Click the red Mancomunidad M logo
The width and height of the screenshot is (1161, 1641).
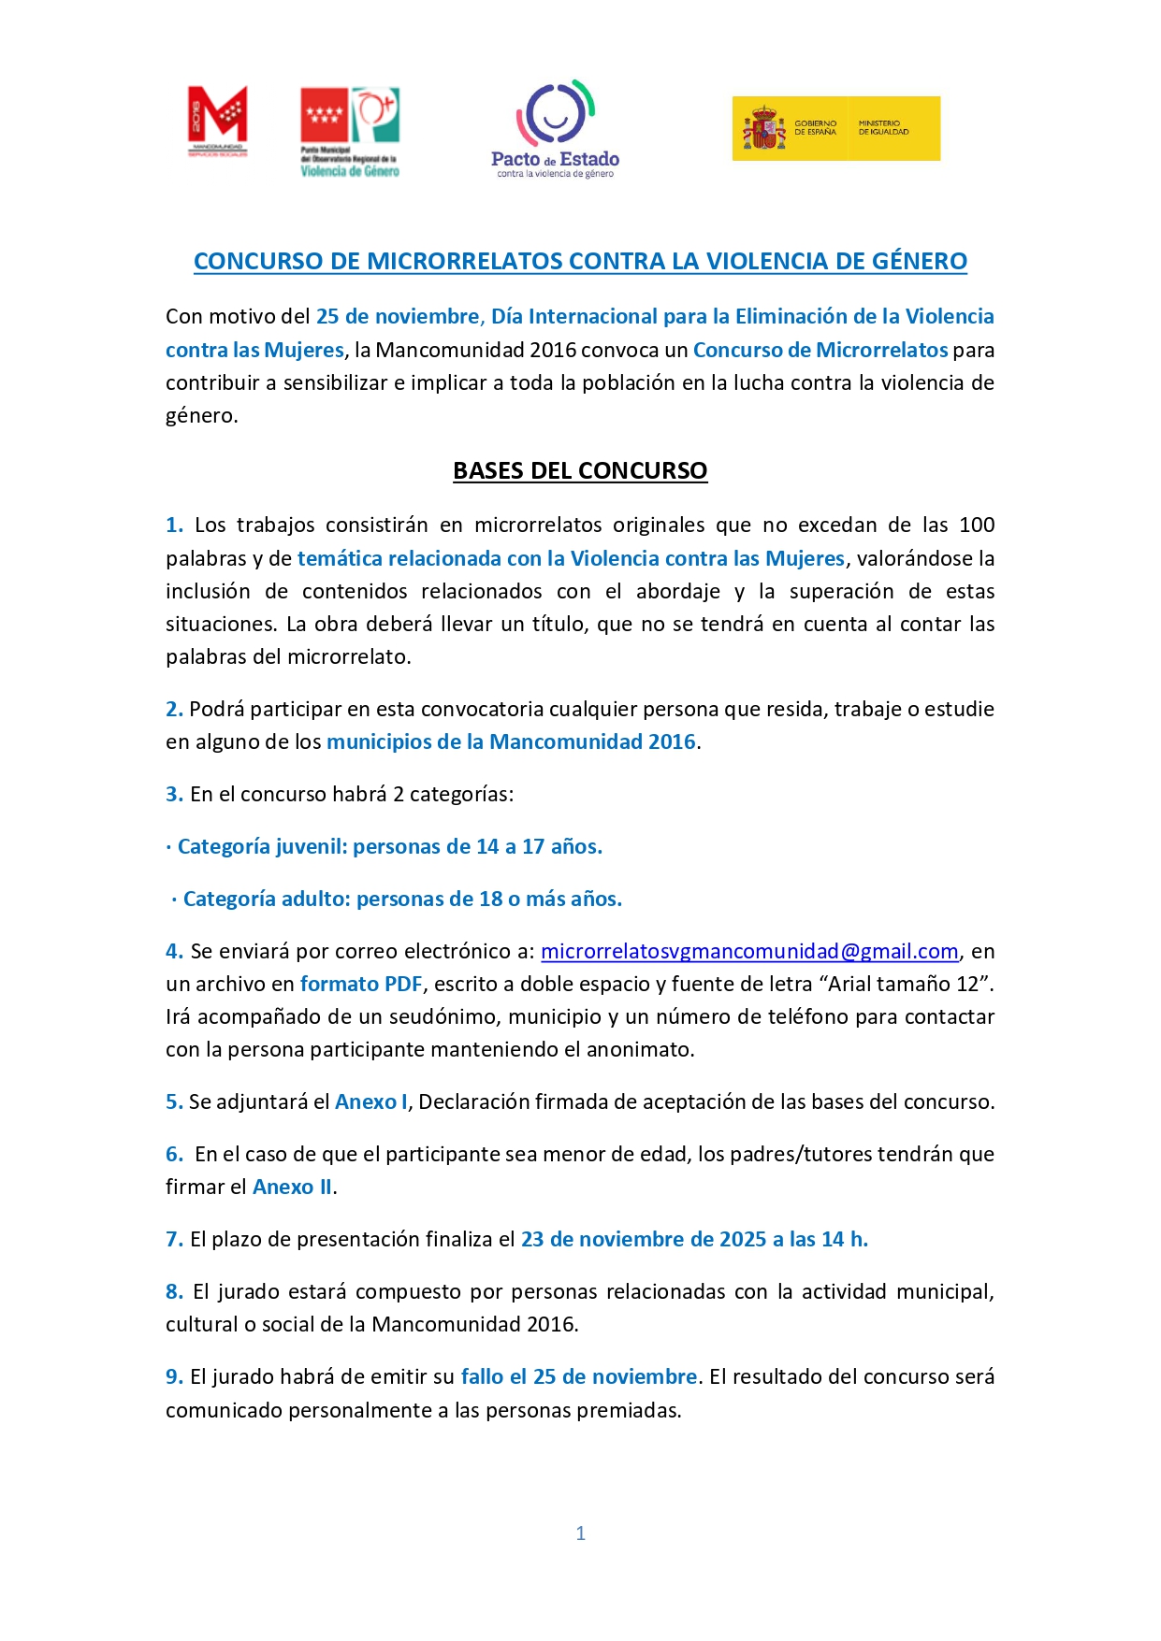(218, 120)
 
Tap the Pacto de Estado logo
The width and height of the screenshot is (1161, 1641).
(556, 129)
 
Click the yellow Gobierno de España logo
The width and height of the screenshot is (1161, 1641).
(835, 128)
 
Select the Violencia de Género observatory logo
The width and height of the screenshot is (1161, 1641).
(350, 131)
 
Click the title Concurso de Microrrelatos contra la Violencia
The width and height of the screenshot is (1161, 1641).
(580, 261)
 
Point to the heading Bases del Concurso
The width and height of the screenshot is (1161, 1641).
(580, 470)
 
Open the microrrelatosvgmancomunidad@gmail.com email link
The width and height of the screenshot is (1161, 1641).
(749, 951)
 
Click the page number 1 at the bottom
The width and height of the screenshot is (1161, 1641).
(580, 1533)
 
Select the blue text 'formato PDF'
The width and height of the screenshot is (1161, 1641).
(361, 984)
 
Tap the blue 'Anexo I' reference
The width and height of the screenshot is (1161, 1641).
(371, 1101)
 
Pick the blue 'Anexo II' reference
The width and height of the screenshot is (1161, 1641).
(293, 1187)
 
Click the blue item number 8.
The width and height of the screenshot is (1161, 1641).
(174, 1291)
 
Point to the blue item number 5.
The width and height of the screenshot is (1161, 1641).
(174, 1101)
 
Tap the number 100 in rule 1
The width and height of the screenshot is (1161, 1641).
(977, 525)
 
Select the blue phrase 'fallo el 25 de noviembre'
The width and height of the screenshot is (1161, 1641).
(579, 1376)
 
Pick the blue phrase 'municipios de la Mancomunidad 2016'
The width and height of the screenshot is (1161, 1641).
(511, 741)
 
